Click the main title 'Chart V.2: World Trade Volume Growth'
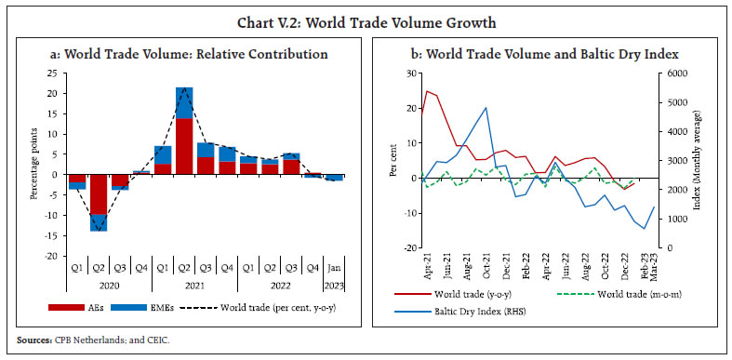point(366,22)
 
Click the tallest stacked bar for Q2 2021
point(185,130)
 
